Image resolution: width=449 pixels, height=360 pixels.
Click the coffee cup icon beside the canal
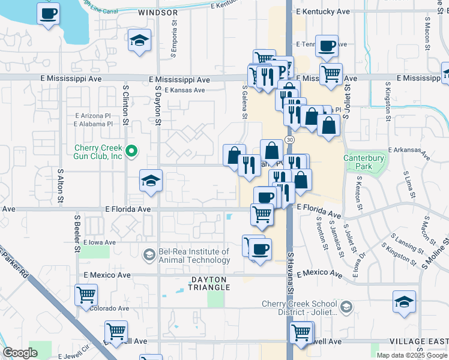pos(48,13)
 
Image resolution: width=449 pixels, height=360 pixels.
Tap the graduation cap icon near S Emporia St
pos(139,41)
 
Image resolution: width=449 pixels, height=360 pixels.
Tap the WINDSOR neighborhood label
pos(158,12)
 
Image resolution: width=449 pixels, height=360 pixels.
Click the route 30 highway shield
pos(290,139)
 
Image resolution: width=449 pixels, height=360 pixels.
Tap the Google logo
pos(20,353)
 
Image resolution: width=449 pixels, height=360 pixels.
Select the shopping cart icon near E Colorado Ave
pos(86,295)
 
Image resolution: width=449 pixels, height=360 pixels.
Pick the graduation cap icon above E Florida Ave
pos(151,180)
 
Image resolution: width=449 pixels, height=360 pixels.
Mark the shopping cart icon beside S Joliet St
pos(331,74)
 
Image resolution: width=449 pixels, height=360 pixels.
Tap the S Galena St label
pos(244,101)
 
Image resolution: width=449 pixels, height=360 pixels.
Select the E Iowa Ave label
pos(99,242)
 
